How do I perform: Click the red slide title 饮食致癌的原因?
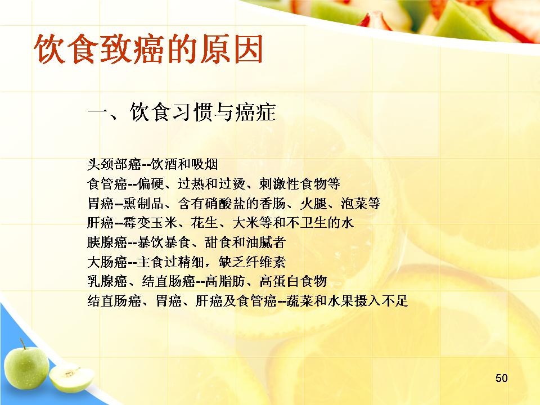coord(148,49)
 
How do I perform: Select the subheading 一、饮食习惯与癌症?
coord(182,112)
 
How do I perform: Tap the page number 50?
coord(501,378)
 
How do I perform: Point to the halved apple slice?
coord(71,378)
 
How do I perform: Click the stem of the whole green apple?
coord(22,344)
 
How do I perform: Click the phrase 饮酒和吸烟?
coord(184,164)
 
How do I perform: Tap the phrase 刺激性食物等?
coord(300,184)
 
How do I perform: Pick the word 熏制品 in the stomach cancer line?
coord(143,204)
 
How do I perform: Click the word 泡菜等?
coord(361,204)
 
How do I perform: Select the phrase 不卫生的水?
coord(319,223)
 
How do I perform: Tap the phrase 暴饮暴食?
coord(163,242)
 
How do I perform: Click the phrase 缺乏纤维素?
coord(252,262)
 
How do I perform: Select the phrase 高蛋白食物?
coord(293,281)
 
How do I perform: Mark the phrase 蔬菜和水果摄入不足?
coord(347,301)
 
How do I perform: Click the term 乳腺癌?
coord(107,281)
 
